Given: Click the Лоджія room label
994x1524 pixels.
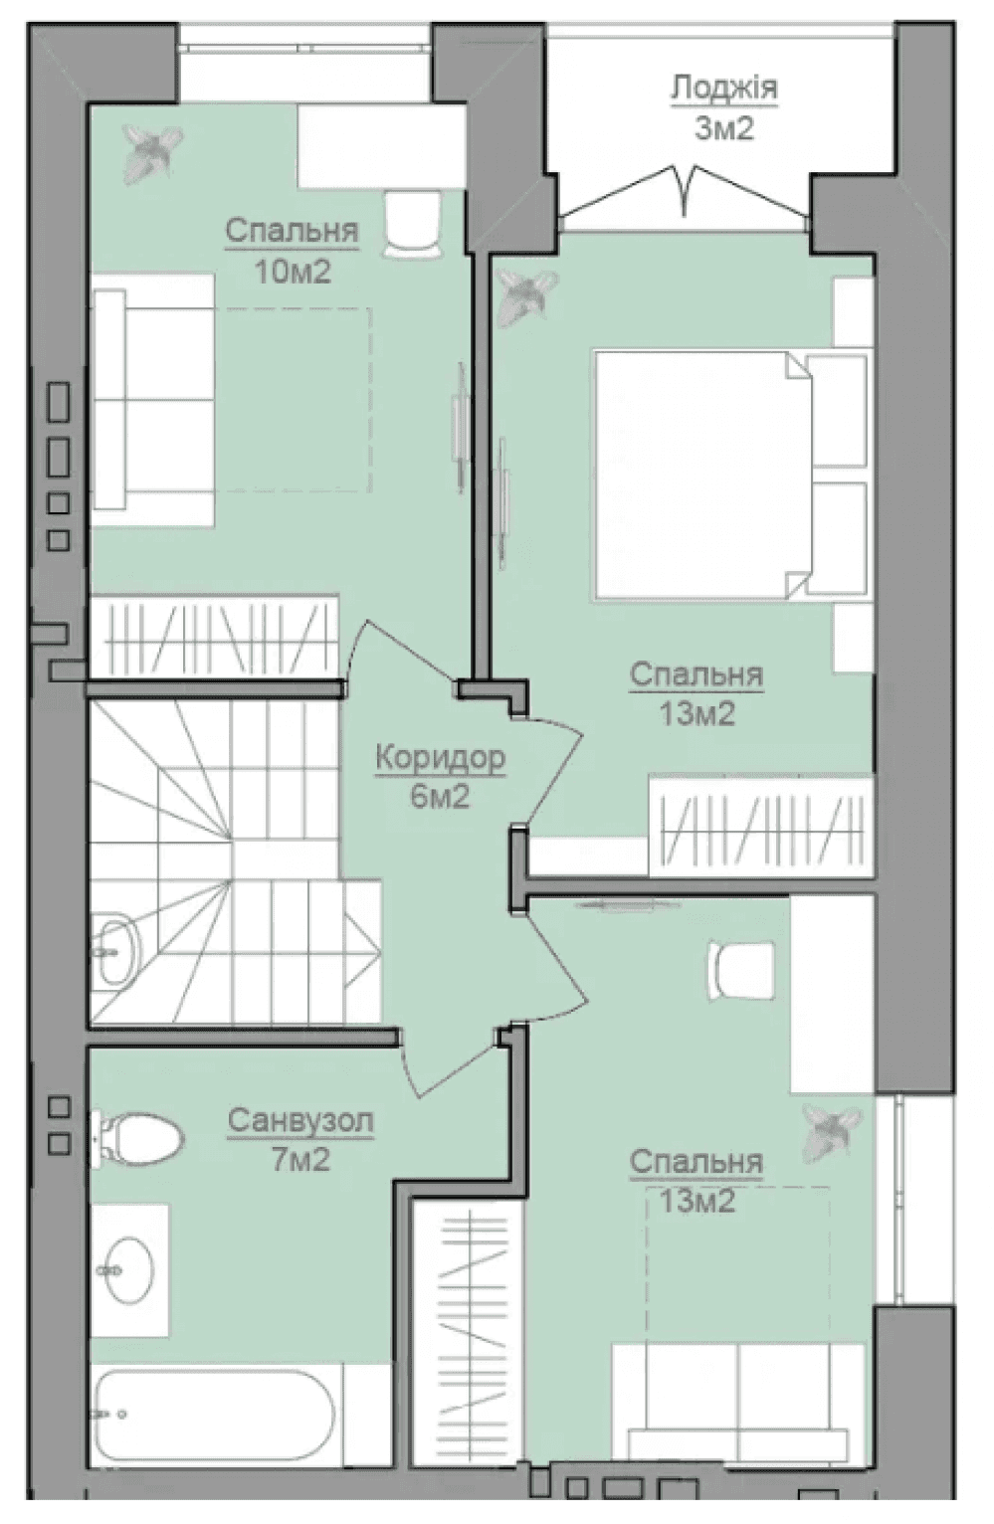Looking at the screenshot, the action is pos(724,90).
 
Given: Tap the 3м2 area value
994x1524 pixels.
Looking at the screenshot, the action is pos(724,127).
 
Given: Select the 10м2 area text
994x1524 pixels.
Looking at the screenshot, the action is pos(293,272).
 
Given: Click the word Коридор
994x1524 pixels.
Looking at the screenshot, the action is pos(440,758).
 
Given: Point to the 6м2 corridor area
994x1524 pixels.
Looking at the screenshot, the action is pos(440,796).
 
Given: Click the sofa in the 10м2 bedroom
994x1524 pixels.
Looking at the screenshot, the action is pos(152,399).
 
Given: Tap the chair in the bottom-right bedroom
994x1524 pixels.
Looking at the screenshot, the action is pos(740,972).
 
